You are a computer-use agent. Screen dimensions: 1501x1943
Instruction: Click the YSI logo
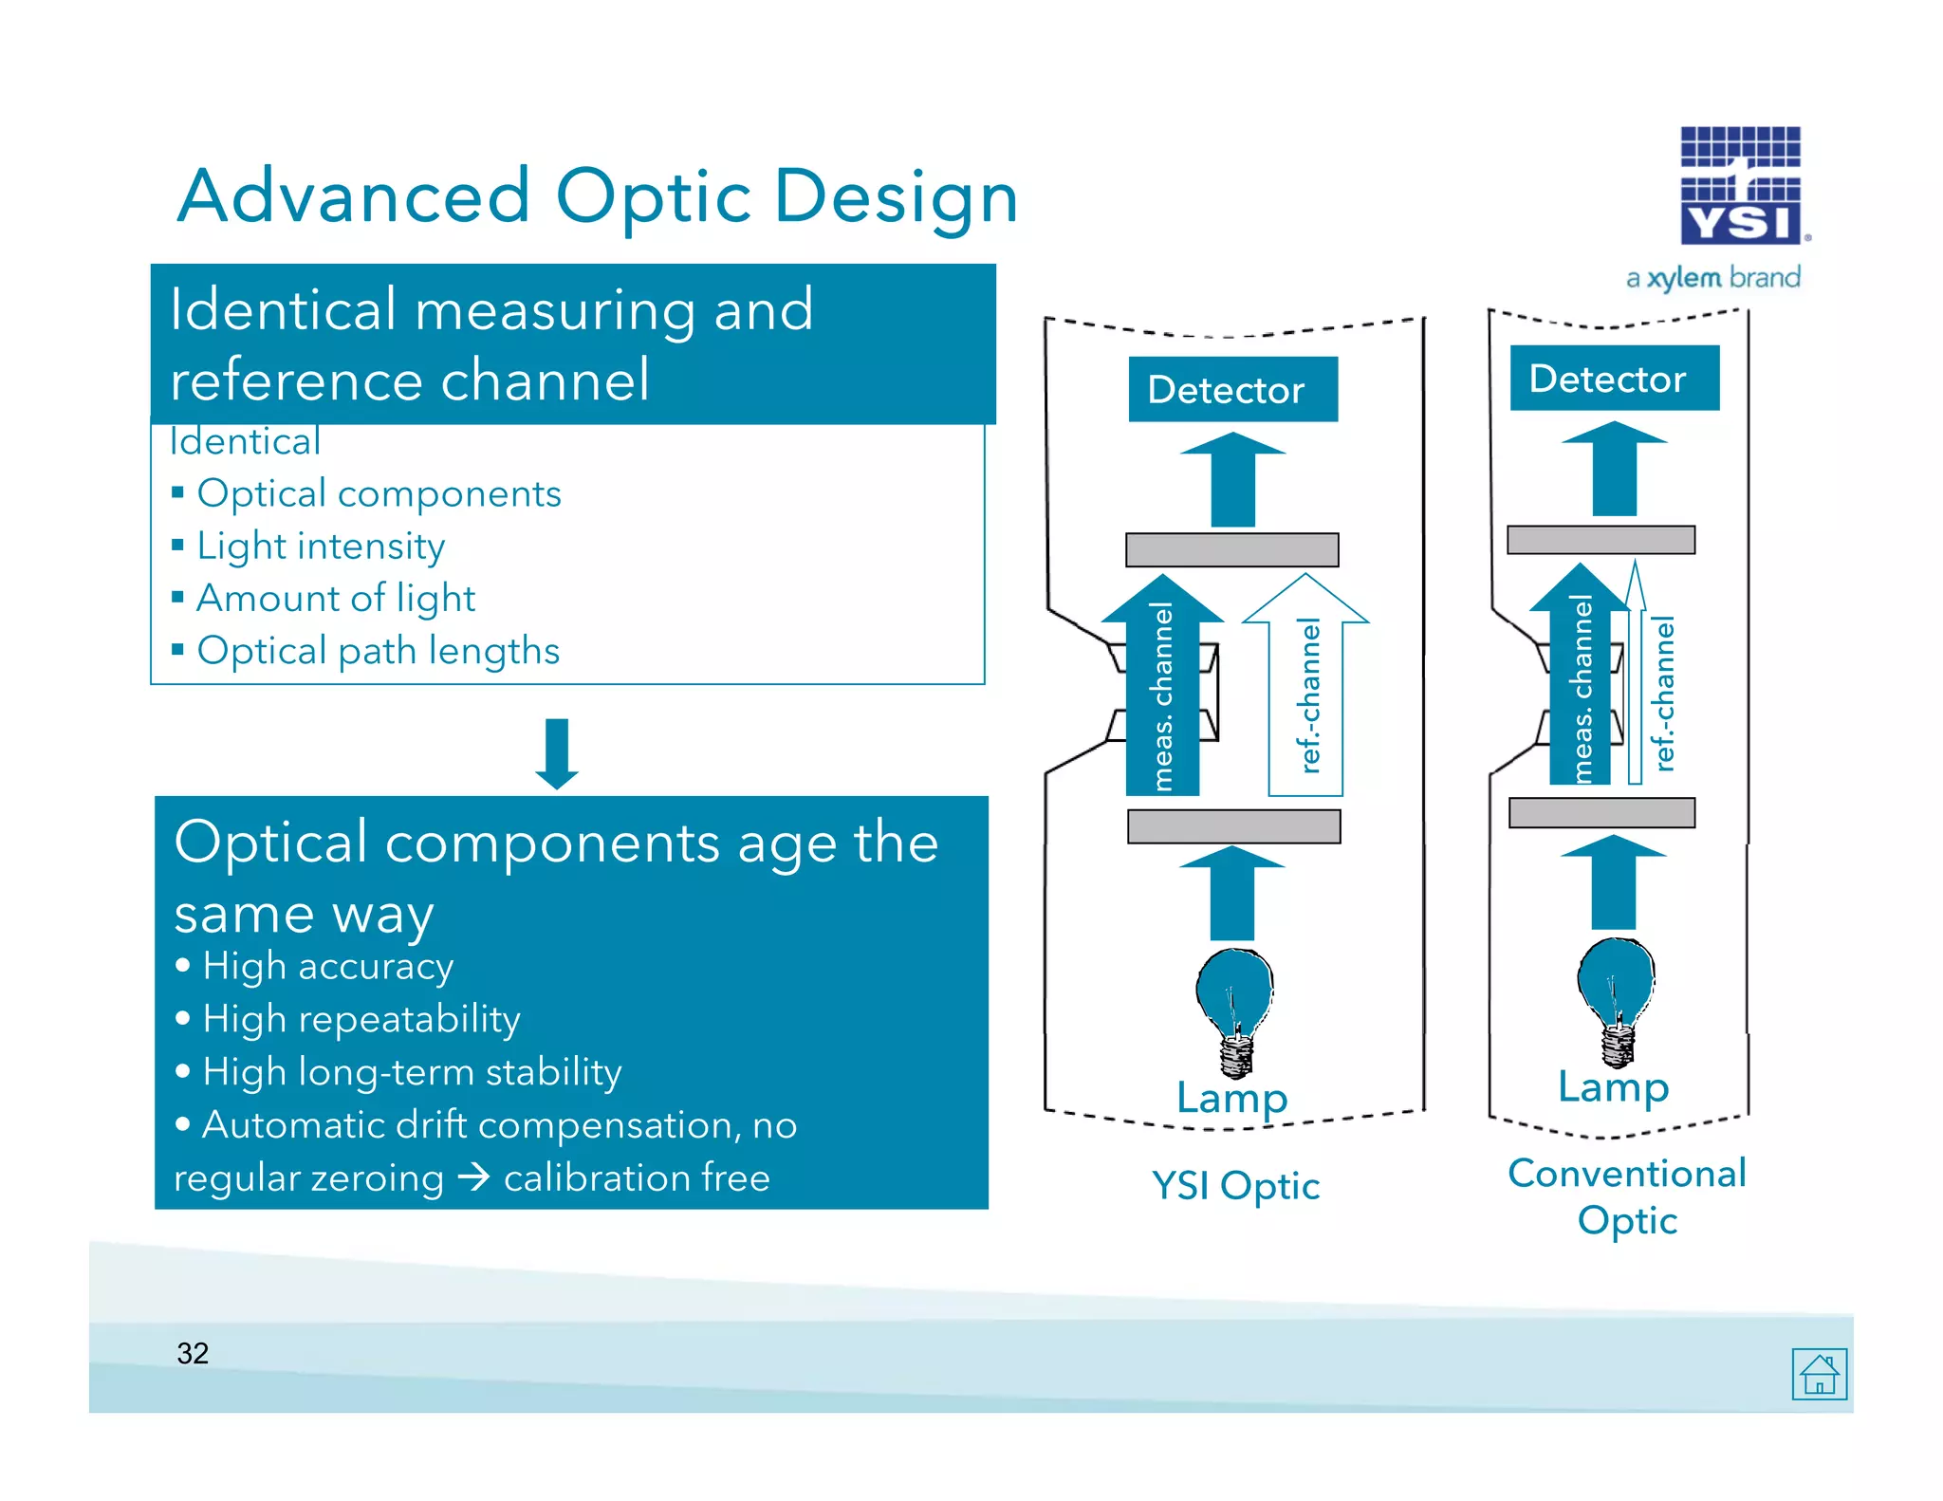(1740, 185)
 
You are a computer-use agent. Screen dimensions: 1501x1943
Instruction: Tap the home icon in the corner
(1819, 1373)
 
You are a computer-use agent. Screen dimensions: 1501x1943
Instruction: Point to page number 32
(193, 1353)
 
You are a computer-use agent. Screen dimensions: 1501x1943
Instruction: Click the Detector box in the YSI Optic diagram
(1232, 389)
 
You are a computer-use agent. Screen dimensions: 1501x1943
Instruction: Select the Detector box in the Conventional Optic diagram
(1614, 378)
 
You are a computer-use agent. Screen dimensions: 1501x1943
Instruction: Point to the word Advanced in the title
(353, 196)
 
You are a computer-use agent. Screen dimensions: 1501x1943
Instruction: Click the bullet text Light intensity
(321, 546)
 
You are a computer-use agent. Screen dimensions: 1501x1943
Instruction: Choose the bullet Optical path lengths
(378, 651)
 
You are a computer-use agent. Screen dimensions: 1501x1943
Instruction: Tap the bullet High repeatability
(361, 1019)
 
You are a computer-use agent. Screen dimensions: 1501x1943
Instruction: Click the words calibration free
(637, 1177)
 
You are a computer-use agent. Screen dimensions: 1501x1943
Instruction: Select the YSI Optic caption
(1235, 1185)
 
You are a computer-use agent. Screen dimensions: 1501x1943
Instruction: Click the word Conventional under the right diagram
(1626, 1174)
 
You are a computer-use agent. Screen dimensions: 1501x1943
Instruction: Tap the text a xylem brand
(1712, 278)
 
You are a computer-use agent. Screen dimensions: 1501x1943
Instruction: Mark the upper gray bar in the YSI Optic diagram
(1231, 549)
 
